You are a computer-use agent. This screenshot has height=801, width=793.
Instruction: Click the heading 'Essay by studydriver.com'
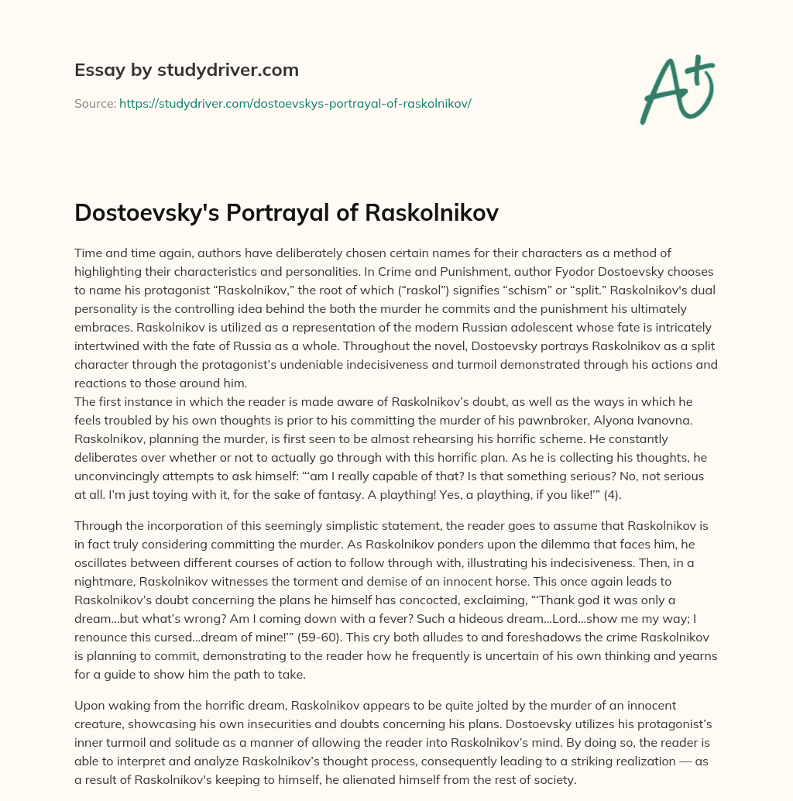(x=187, y=70)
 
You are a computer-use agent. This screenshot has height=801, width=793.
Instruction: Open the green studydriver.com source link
(x=295, y=103)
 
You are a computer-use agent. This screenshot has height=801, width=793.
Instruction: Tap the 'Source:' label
(x=94, y=103)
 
